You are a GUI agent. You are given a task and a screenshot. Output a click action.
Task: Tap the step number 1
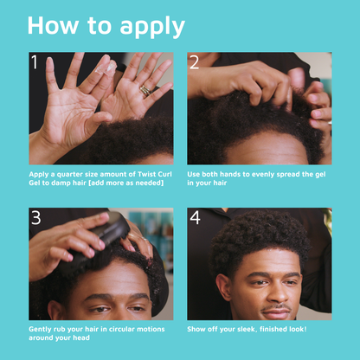tap(35, 62)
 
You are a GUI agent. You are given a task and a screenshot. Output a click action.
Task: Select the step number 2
tap(195, 62)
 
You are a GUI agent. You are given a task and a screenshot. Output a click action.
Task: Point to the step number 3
tap(35, 218)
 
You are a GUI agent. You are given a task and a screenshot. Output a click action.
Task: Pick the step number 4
tap(195, 218)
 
